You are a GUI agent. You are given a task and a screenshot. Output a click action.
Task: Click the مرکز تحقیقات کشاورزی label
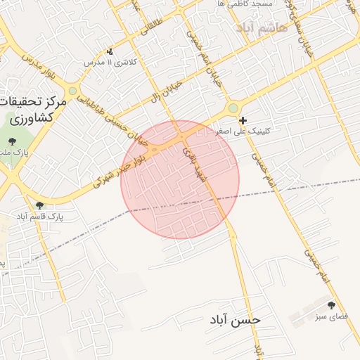click(x=34, y=111)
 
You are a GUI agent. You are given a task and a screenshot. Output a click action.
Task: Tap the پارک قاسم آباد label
click(x=40, y=217)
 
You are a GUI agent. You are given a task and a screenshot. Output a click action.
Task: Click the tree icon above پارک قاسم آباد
click(x=39, y=205)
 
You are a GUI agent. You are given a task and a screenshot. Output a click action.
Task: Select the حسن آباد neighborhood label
click(x=235, y=319)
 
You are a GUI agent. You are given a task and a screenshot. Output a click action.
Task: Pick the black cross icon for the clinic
click(x=243, y=120)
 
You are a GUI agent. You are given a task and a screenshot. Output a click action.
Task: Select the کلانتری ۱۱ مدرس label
click(x=110, y=63)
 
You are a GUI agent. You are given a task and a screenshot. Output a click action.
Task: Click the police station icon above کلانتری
click(x=110, y=51)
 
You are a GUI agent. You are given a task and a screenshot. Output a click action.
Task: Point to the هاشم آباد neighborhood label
click(x=252, y=29)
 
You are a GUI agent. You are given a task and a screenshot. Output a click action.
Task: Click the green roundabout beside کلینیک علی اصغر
click(x=233, y=108)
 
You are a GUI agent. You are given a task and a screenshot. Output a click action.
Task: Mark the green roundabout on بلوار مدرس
click(x=72, y=90)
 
